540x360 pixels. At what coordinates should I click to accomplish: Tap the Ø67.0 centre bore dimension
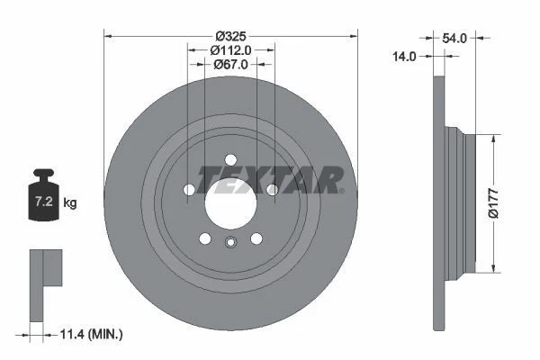coord(231,64)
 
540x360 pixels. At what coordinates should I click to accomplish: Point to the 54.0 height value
coord(455,38)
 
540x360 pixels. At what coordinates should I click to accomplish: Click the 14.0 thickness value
coord(405,56)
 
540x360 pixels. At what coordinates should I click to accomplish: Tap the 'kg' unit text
coord(70,203)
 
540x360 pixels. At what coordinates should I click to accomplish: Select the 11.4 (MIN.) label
coord(89,334)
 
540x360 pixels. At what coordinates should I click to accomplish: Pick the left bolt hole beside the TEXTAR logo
coord(189,189)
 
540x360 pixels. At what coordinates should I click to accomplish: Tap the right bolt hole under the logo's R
coord(272,189)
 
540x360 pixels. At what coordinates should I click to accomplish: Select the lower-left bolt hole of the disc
coord(205,238)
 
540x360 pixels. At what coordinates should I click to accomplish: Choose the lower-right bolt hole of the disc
coord(256,238)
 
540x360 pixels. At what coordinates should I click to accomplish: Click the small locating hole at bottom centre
coord(231,241)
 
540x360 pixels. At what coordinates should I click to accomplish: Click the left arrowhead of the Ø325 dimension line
coord(110,35)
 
